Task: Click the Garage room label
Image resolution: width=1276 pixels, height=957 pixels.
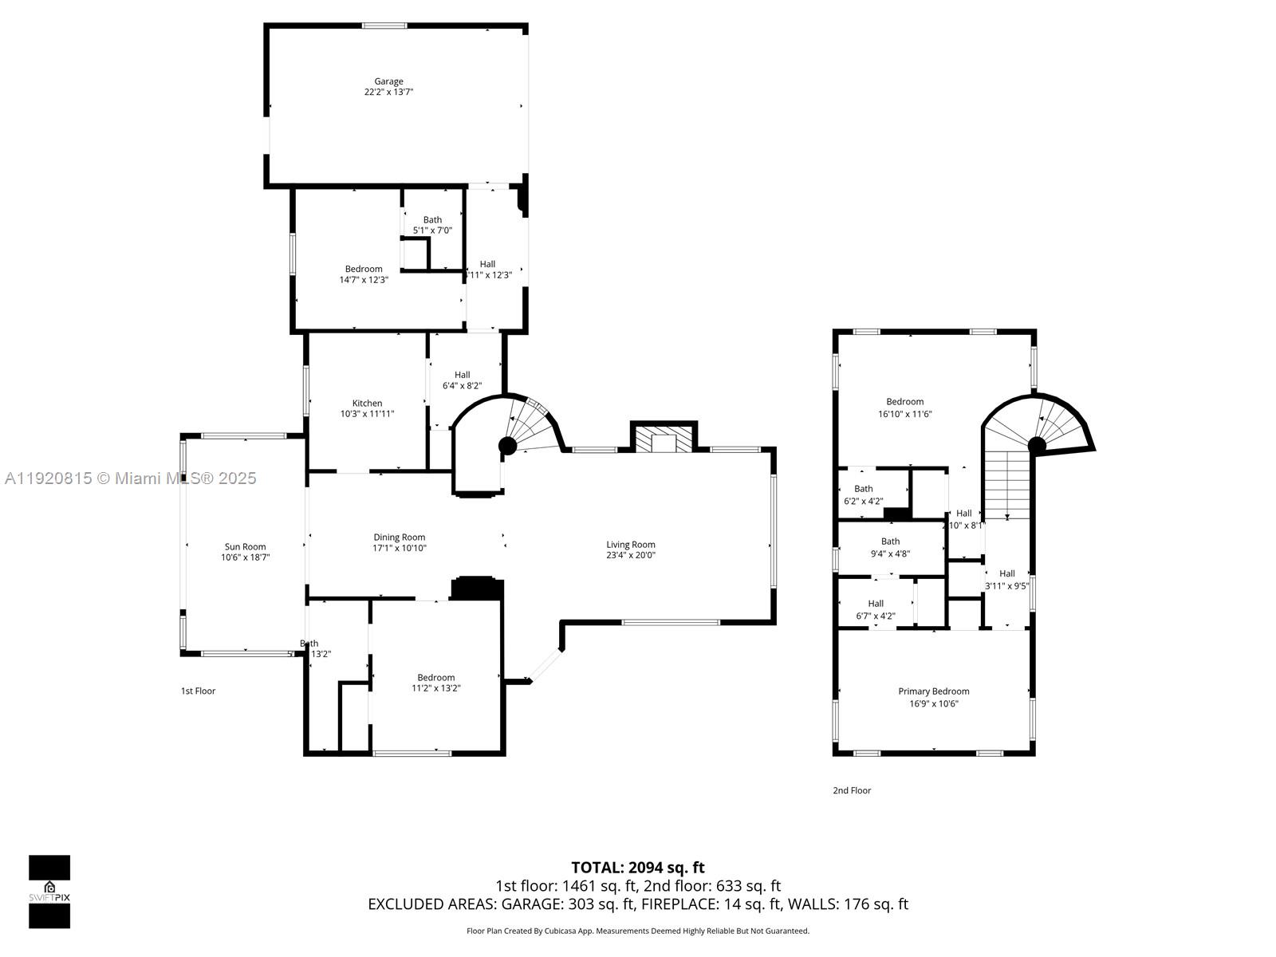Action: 388,81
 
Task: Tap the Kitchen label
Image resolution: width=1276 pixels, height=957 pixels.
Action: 367,403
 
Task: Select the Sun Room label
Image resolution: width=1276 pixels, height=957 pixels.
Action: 245,547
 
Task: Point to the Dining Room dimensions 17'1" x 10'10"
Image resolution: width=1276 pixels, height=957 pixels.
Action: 400,549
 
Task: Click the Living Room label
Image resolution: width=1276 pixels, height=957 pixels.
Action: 630,545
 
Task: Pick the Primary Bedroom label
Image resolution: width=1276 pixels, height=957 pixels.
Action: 933,691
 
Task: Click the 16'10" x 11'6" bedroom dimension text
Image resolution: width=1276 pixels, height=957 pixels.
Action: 904,414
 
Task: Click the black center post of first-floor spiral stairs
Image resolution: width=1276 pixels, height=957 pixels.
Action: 507,445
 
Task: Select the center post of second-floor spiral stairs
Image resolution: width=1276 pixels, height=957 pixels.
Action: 1036,445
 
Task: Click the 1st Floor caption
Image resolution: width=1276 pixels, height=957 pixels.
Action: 198,691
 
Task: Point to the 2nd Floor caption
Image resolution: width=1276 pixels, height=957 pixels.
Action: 852,790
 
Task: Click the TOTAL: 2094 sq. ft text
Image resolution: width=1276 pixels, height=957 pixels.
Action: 637,868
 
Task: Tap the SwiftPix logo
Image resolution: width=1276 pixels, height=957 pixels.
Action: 49,892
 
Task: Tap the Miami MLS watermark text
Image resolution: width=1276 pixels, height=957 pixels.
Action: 131,478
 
